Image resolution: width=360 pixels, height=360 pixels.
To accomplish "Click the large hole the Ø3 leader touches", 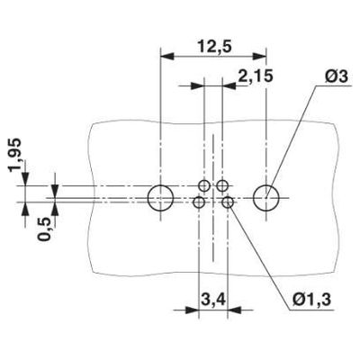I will tap(266, 197).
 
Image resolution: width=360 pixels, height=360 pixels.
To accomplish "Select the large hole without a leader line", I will tap(159, 197).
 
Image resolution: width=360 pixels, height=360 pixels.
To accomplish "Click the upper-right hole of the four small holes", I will tap(221, 186).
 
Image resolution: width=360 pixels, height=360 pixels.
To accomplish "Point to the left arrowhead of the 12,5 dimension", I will tap(166, 56).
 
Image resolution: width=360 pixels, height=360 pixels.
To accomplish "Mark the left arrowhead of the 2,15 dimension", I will tap(199, 86).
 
